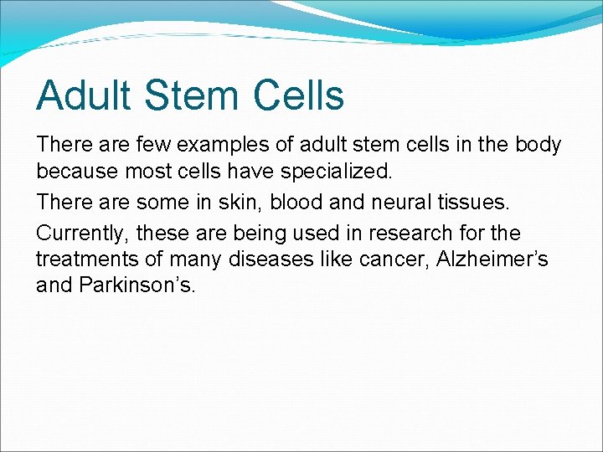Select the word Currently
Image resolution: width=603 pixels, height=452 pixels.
[x=82, y=233]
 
